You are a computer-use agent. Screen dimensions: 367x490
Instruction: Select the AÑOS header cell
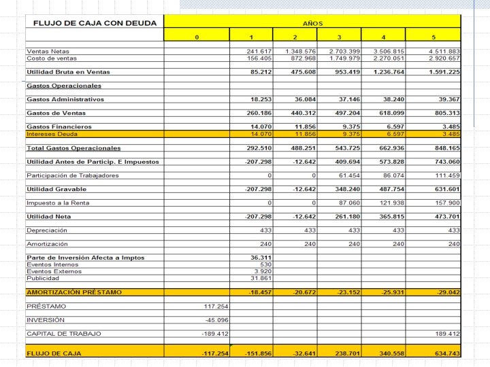coord(313,23)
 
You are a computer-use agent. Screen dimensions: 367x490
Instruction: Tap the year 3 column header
coord(338,37)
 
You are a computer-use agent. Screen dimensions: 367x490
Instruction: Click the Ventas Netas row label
coord(48,52)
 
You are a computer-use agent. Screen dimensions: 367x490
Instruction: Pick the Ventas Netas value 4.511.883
coord(444,52)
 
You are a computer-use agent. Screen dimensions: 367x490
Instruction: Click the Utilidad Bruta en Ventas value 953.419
coord(344,71)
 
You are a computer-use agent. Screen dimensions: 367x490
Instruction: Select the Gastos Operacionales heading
coord(64,86)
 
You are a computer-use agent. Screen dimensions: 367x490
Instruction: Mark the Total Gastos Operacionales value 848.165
coord(444,147)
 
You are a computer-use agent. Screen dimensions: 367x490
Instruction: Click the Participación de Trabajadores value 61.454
coord(347,175)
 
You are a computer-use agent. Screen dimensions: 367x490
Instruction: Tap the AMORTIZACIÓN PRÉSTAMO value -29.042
coord(445,292)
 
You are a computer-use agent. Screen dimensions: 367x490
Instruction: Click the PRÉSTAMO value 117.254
coord(215,306)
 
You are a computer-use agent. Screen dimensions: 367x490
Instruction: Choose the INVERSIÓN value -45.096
coord(216,319)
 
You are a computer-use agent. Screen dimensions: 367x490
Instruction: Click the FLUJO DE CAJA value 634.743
coord(444,353)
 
